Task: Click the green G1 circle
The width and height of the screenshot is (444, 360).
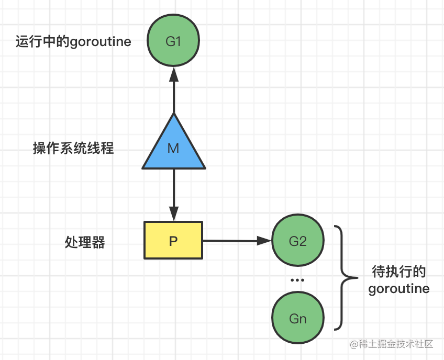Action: coord(173,41)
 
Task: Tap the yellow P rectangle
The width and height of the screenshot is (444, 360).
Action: coord(173,241)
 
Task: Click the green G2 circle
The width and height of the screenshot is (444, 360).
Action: coord(297,241)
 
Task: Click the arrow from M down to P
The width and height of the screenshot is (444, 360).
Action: coord(173,194)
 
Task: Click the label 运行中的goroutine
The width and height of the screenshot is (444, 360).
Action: coord(73,42)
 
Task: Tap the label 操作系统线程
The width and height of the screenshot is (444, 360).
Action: coord(73,149)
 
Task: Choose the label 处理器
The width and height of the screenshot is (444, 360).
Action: coord(85,242)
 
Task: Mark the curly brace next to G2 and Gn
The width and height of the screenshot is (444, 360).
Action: coord(343,278)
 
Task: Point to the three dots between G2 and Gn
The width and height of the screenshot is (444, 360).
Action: coord(297,280)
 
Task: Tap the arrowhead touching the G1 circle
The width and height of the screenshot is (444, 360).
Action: coord(173,75)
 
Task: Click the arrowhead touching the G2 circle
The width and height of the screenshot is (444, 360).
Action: coord(265,241)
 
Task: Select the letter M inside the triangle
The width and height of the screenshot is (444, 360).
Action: coord(173,149)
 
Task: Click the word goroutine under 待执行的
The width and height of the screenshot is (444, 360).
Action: coord(398,288)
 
